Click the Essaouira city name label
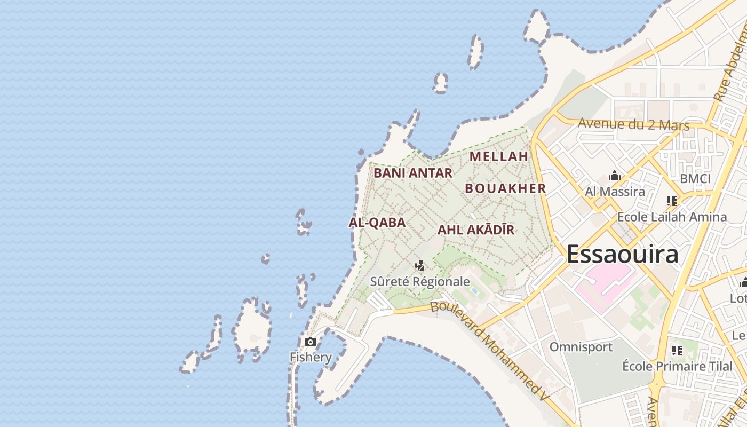tap(622, 254)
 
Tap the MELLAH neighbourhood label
tap(499, 156)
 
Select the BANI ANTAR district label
tap(413, 173)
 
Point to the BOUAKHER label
tap(505, 188)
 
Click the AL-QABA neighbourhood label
tap(377, 223)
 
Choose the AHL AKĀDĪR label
tap(476, 230)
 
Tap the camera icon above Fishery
tap(311, 342)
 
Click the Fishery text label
tap(311, 357)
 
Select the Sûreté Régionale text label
tap(420, 282)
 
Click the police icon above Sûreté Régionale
tap(420, 265)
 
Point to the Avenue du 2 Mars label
tap(634, 125)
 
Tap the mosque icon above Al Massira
tap(615, 176)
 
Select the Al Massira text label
tap(615, 191)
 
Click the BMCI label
tap(695, 179)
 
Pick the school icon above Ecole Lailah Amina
tap(672, 201)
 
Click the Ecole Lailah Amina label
tap(672, 217)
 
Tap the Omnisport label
tap(581, 347)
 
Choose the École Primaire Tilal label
tap(677, 366)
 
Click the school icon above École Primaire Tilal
tap(677, 351)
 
